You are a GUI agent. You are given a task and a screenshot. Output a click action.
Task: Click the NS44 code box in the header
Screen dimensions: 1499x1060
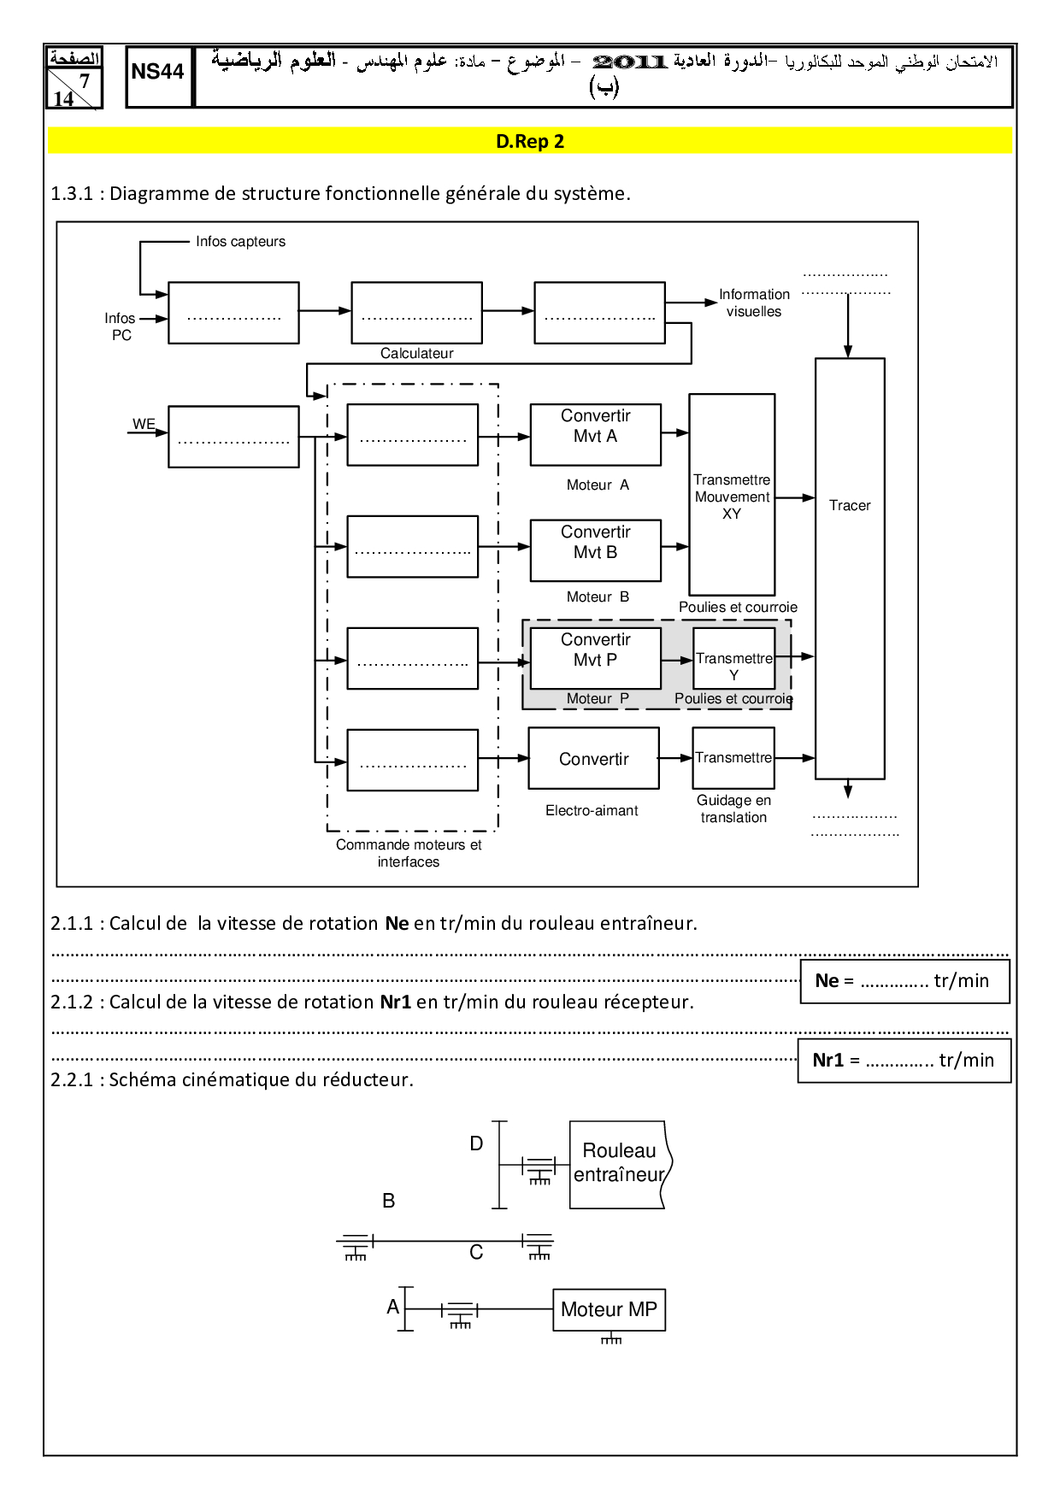point(158,75)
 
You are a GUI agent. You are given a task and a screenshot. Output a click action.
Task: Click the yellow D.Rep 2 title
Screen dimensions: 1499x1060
point(530,141)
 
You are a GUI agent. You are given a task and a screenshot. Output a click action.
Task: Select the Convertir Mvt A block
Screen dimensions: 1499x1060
point(595,434)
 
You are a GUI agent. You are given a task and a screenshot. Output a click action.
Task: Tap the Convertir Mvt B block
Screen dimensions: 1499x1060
point(595,550)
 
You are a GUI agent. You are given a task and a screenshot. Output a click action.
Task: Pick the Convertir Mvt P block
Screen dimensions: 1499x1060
point(595,657)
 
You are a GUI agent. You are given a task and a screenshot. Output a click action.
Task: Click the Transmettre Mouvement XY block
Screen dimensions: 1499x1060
point(732,495)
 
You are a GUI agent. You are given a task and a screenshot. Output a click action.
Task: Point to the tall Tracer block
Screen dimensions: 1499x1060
point(849,567)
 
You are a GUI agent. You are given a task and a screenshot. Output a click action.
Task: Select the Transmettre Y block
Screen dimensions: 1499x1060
point(733,658)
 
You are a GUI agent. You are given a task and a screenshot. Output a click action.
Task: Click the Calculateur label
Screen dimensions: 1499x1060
point(416,353)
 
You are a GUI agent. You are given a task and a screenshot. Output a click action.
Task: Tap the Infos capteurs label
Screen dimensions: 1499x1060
point(240,242)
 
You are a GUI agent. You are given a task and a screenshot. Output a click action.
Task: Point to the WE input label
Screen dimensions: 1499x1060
point(144,424)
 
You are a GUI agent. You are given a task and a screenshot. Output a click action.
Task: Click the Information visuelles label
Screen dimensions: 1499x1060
point(754,303)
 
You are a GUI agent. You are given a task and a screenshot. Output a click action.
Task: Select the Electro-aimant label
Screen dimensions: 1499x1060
point(592,810)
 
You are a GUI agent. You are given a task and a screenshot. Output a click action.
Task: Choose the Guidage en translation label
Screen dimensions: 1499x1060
point(733,808)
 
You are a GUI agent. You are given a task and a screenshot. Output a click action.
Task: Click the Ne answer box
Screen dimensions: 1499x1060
point(904,981)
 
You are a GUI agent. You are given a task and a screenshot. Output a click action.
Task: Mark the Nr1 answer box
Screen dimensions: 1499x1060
point(904,1061)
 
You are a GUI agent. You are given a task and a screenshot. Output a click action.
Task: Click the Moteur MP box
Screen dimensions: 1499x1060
point(609,1309)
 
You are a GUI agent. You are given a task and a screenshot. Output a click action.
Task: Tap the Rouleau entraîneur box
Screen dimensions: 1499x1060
point(618,1163)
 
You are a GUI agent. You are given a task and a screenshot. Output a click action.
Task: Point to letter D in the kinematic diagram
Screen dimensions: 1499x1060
point(476,1143)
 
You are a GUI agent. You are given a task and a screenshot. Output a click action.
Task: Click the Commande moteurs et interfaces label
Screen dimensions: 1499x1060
point(409,853)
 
